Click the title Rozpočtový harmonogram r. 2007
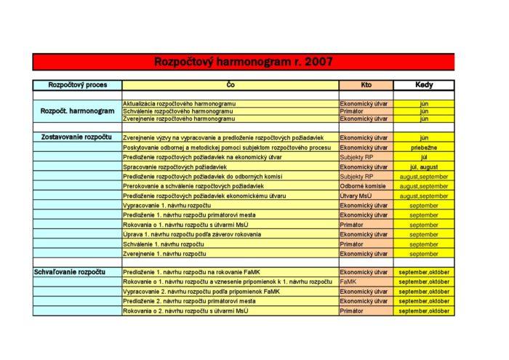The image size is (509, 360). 244,62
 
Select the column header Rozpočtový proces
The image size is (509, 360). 77,85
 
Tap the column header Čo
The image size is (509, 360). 230,85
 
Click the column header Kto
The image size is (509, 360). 366,85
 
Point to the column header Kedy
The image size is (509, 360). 424,85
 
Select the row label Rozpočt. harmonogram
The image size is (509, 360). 77,111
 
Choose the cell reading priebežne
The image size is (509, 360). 424,147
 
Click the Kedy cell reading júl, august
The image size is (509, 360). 424,167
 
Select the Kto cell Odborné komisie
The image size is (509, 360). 364,186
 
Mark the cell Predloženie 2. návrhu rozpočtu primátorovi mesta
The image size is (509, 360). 190,301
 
